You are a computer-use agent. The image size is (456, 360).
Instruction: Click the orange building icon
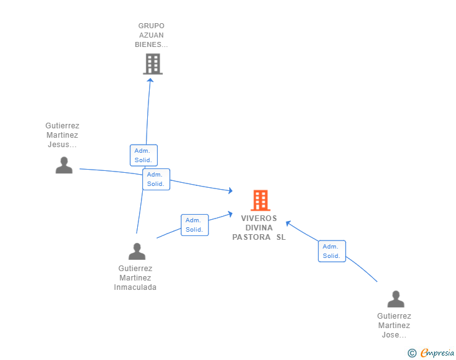pyautogui.click(x=261, y=200)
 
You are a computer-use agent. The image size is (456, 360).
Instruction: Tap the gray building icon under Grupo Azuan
pyautogui.click(x=153, y=64)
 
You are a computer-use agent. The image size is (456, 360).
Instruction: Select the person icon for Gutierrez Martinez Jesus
pyautogui.click(x=64, y=165)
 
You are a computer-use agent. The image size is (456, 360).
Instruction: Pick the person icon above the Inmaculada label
pyautogui.click(x=137, y=251)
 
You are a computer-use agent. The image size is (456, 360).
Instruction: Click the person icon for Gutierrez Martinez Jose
pyautogui.click(x=396, y=299)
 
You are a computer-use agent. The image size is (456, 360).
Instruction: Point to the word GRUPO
pyautogui.click(x=151, y=26)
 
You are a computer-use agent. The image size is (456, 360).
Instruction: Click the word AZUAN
pyautogui.click(x=151, y=35)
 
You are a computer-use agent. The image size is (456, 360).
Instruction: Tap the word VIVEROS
pyautogui.click(x=259, y=219)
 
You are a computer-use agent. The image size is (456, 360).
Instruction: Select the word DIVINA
pyautogui.click(x=259, y=228)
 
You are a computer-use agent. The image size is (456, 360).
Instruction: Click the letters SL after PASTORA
pyautogui.click(x=281, y=237)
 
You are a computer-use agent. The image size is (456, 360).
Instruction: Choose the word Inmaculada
pyautogui.click(x=135, y=287)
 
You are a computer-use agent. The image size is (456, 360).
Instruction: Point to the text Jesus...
pyautogui.click(x=58, y=145)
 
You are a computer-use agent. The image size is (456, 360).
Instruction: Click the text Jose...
pyautogui.click(x=390, y=335)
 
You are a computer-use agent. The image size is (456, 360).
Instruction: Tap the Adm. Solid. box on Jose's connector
pyautogui.click(x=332, y=251)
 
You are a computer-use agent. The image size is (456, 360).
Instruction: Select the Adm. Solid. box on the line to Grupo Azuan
pyautogui.click(x=143, y=155)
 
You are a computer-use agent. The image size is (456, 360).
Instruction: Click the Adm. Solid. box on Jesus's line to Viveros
pyautogui.click(x=156, y=180)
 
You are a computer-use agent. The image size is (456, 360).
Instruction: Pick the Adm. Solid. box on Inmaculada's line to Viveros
pyautogui.click(x=195, y=225)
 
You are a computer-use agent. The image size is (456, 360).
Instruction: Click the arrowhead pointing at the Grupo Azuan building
pyautogui.click(x=150, y=80)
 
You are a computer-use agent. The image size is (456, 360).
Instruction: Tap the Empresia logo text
pyautogui.click(x=437, y=352)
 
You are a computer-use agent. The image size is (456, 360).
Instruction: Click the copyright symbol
pyautogui.click(x=412, y=353)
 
